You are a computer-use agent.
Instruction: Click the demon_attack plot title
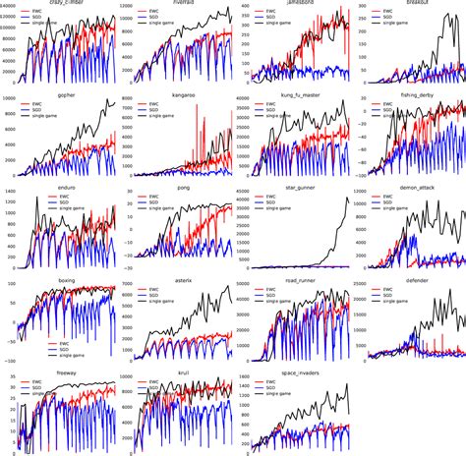(x=404, y=184)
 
